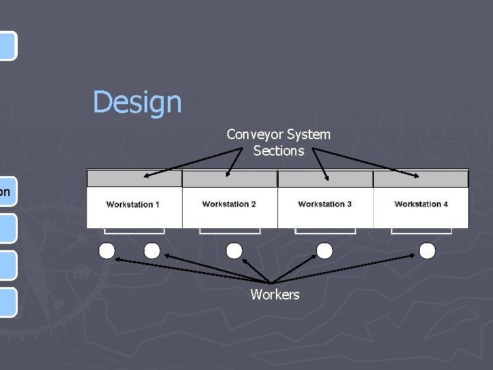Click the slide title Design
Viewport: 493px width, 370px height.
tap(138, 103)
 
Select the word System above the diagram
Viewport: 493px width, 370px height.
tap(309, 134)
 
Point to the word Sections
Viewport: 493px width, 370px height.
tap(279, 151)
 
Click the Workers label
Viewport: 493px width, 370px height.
tap(275, 295)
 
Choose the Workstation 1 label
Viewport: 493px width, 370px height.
tap(133, 205)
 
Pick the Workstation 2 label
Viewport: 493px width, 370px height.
tap(229, 204)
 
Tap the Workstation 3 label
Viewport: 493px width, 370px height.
tap(325, 204)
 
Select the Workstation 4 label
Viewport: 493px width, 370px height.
tap(421, 204)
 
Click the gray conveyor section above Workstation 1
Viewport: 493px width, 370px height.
tap(134, 179)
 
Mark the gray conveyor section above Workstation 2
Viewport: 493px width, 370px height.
tap(230, 179)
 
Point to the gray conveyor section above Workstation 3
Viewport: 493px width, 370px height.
tap(325, 179)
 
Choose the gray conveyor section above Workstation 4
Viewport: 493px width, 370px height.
tap(421, 179)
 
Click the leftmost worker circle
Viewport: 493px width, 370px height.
tap(107, 251)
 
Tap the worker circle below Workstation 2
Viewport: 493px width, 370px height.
tap(234, 251)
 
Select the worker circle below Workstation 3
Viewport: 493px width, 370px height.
tap(325, 251)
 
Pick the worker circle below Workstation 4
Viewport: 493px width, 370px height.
tap(427, 251)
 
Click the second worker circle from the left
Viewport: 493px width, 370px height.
tap(152, 251)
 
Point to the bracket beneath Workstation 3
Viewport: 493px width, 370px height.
tap(325, 232)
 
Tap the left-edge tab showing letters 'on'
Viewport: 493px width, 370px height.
tap(6, 192)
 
